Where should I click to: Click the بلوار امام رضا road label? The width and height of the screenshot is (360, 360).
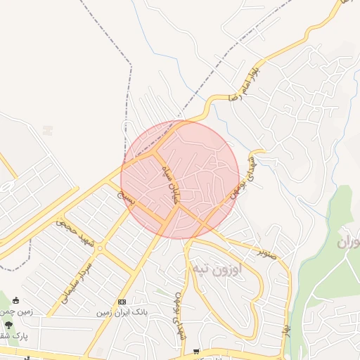(x=252, y=83)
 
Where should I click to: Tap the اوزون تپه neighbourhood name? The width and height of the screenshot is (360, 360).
(x=216, y=269)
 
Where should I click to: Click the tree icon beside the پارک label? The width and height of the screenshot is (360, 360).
(x=8, y=325)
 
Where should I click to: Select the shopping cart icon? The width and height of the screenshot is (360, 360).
(x=196, y=350)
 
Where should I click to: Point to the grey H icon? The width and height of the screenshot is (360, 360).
(x=47, y=130)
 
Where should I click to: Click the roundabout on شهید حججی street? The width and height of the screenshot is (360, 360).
(x=100, y=247)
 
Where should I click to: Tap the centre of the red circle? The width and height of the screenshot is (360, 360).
(x=180, y=179)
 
